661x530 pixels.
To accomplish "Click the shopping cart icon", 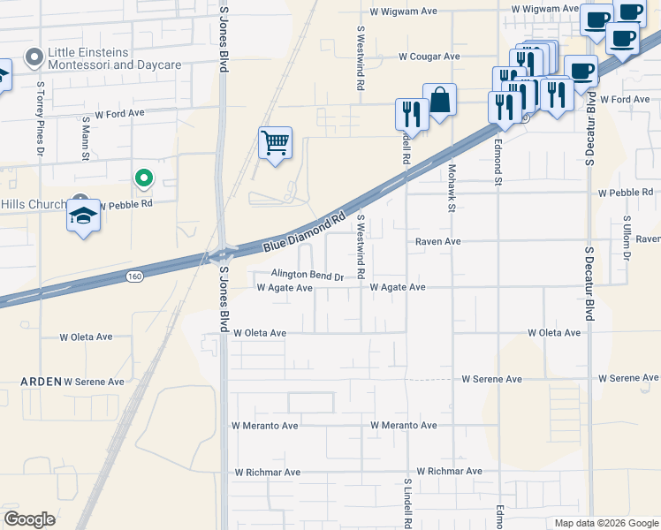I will [276, 141].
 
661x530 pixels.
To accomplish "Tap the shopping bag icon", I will [439, 100].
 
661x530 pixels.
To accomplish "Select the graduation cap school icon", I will [83, 216].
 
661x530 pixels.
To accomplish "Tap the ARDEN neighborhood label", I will [42, 382].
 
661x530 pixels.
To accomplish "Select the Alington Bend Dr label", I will [307, 276].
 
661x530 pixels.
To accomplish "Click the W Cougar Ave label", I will [429, 57].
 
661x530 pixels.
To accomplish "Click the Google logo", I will [29, 519].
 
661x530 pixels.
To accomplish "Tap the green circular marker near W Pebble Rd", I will [143, 178].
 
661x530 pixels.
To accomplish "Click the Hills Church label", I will [33, 204].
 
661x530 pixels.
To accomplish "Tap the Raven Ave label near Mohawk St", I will [438, 240].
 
